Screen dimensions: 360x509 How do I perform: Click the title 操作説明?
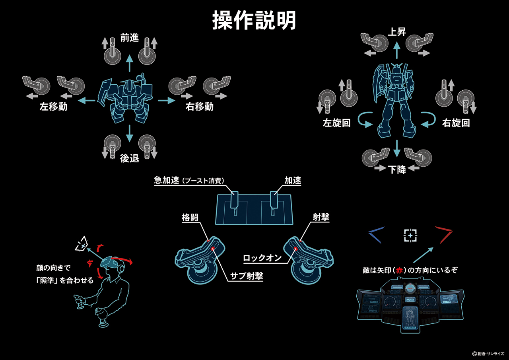pyautogui.click(x=254, y=21)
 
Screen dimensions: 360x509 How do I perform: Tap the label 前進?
pyautogui.click(x=129, y=38)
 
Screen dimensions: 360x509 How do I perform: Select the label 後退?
pyautogui.click(x=129, y=158)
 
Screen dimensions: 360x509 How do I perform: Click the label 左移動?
pyautogui.click(x=53, y=107)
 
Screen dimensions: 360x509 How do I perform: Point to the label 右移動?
pyautogui.click(x=200, y=107)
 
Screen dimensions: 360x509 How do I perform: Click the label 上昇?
pyautogui.click(x=396, y=32)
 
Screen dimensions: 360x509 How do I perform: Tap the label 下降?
pyautogui.click(x=397, y=169)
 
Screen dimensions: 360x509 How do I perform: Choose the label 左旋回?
pyautogui.click(x=336, y=123)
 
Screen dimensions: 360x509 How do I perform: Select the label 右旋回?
pyautogui.click(x=456, y=123)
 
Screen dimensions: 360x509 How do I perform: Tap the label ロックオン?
pyautogui.click(x=262, y=258)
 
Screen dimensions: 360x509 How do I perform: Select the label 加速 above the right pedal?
pyautogui.click(x=292, y=181)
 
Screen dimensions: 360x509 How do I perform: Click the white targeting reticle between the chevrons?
pyautogui.click(x=410, y=235)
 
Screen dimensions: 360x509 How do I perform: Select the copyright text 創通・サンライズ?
pyautogui.click(x=490, y=353)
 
